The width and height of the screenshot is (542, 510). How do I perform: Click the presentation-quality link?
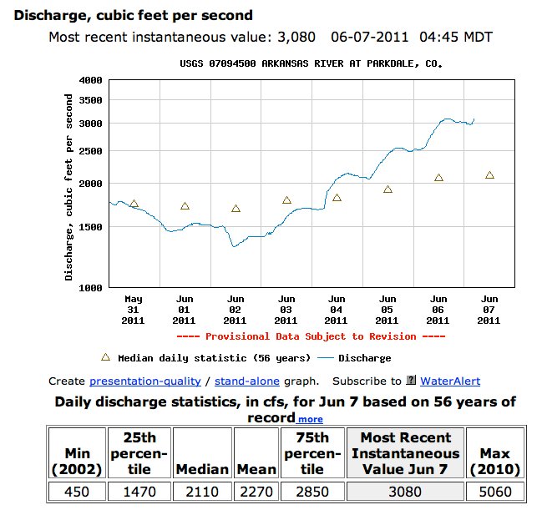[144, 381]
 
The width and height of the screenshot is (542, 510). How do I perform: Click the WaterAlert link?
[449, 381]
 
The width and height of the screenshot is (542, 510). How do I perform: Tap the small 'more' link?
[310, 419]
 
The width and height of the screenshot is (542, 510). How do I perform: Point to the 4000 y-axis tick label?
[89, 80]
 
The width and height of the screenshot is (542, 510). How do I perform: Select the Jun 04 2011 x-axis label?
[337, 309]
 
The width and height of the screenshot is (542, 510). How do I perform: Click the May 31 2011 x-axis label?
[134, 309]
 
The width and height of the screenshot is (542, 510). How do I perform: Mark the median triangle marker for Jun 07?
[489, 175]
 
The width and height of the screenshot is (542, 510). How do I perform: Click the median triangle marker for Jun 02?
[236, 209]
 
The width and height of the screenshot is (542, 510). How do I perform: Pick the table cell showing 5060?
[495, 492]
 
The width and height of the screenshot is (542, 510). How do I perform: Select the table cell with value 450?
[76, 492]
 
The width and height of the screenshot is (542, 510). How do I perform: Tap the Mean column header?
[256, 469]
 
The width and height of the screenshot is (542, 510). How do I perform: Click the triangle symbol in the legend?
[105, 357]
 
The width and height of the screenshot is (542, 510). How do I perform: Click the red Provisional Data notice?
[310, 336]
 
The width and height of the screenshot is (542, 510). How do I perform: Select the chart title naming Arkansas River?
[311, 63]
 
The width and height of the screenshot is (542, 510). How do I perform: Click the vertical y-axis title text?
[69, 186]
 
